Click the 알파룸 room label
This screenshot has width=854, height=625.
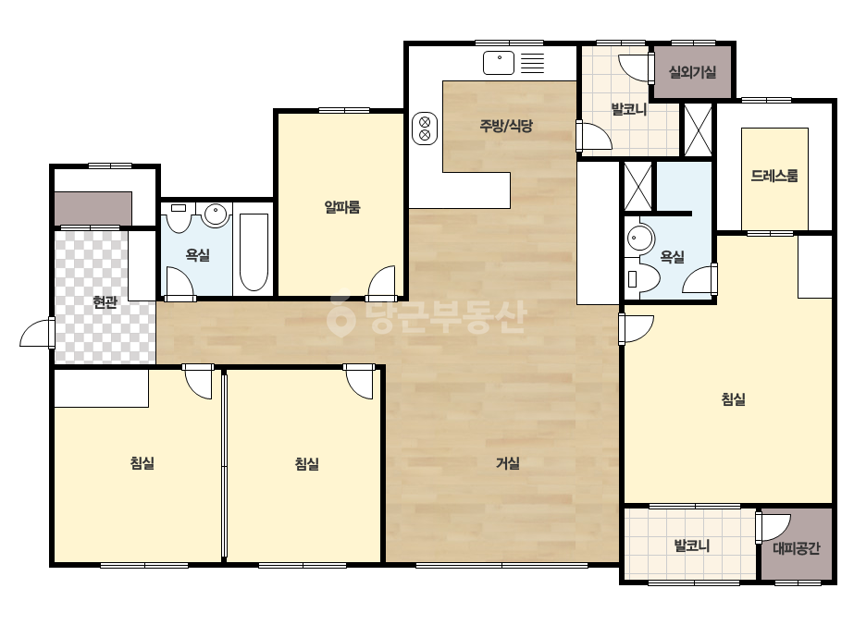(342, 207)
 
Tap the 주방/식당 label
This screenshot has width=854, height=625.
(506, 126)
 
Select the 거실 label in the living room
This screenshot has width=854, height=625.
(508, 463)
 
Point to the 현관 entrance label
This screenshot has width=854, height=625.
(105, 301)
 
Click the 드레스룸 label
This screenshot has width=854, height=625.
(774, 176)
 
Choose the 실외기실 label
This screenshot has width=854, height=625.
(692, 72)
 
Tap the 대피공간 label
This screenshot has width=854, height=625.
(797, 547)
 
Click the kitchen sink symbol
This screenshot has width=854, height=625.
(499, 63)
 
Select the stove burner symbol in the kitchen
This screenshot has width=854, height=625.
(425, 129)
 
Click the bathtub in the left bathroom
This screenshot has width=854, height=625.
(254, 252)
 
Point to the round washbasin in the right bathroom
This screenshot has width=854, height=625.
(639, 239)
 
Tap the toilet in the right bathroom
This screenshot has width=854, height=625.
(641, 278)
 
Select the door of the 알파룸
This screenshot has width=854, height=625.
(381, 283)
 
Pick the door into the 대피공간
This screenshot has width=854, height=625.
(773, 527)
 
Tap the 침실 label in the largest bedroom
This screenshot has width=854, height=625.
(733, 399)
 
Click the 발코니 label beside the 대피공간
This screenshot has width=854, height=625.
(692, 545)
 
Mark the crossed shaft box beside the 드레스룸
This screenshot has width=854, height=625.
(698, 130)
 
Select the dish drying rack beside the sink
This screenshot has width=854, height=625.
(532, 63)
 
